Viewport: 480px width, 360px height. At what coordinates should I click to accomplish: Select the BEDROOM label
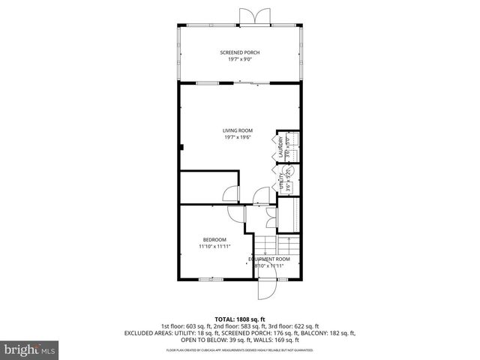[214, 239]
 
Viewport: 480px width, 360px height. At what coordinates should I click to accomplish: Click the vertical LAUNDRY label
[281, 145]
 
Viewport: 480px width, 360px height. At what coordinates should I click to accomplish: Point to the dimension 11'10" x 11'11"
[214, 246]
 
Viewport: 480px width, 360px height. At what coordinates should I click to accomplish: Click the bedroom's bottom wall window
[211, 279]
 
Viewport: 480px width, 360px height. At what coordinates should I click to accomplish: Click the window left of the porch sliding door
[208, 83]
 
